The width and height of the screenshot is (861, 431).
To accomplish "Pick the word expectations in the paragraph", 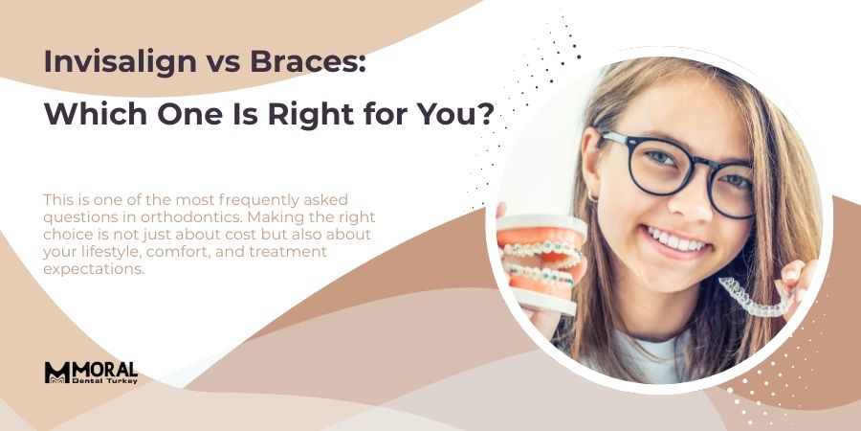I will coord(94,269).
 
